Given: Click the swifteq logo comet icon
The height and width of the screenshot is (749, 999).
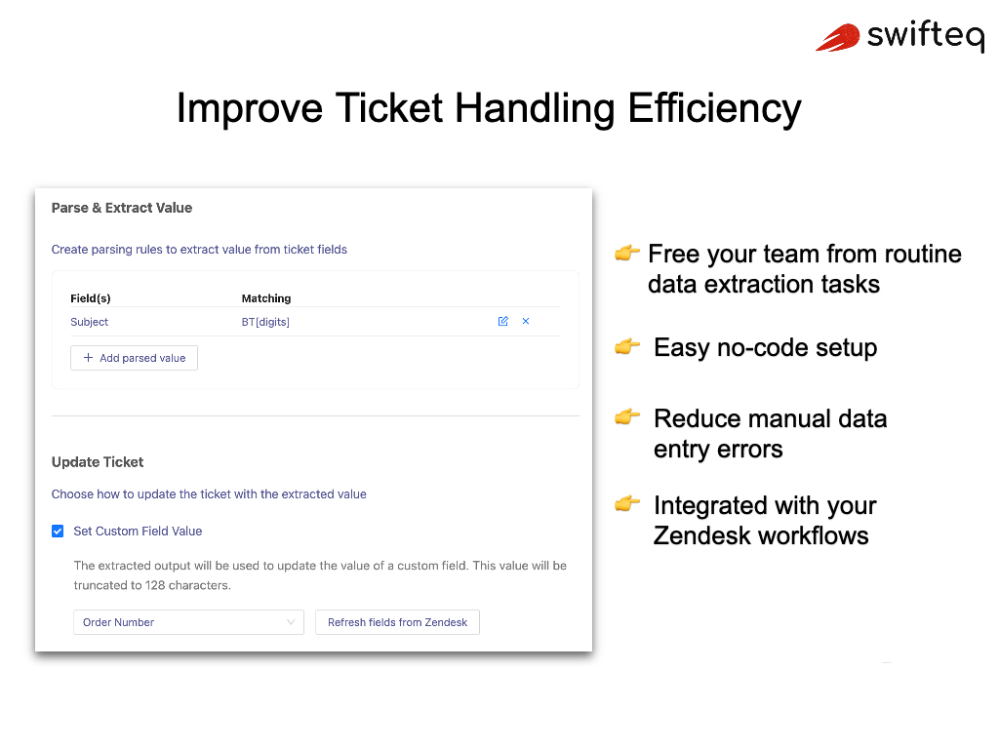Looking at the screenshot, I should click(838, 38).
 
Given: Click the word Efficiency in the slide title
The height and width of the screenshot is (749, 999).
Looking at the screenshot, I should click(714, 107).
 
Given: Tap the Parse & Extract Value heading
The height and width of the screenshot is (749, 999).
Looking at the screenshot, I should click(122, 208).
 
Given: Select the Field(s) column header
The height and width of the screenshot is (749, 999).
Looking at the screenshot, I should click(91, 298).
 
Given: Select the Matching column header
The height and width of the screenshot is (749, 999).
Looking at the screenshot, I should click(266, 298).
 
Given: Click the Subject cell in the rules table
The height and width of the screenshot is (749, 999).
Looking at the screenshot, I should click(90, 322).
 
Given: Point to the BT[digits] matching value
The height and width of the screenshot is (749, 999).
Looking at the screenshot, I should click(265, 322).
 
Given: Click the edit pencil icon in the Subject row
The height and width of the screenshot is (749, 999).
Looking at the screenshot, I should click(503, 321).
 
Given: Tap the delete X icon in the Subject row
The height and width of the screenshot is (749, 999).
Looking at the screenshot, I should click(526, 321).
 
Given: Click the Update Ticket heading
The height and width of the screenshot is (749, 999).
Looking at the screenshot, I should click(98, 462).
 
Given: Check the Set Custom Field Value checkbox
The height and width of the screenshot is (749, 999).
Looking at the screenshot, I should click(58, 532).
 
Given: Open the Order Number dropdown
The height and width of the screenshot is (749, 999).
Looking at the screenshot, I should click(188, 622).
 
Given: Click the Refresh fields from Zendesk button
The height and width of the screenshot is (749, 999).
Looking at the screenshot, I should click(397, 622).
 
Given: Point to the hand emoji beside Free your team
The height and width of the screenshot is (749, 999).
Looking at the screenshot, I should click(626, 254).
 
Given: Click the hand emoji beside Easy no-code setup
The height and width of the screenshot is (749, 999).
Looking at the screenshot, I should click(626, 346).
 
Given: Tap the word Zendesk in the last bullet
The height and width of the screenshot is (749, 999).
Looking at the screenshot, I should click(705, 535).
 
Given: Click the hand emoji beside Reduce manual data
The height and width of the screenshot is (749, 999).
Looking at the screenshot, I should click(626, 417).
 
